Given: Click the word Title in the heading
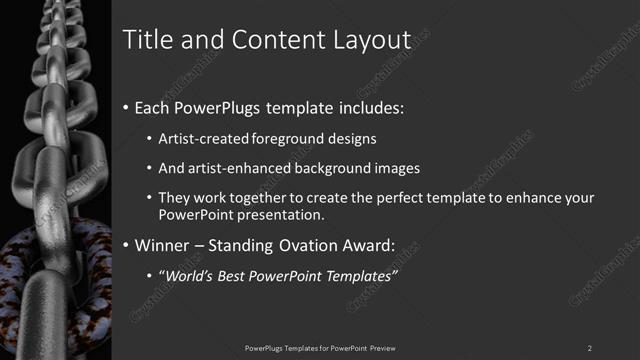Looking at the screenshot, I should click(x=143, y=39).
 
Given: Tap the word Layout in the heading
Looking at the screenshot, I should click(x=372, y=39).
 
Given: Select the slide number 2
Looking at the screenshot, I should click(x=590, y=348).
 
